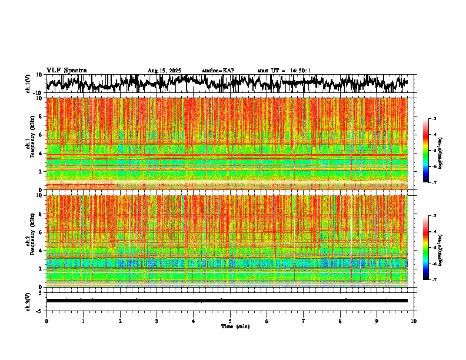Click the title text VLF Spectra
point(66,70)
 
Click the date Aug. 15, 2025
point(164,71)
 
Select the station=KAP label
point(218,71)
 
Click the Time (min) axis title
point(235,326)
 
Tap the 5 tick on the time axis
point(230,321)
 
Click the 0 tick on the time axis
point(46,321)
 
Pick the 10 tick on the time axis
point(414,321)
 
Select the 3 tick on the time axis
point(157,321)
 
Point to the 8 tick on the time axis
point(340,321)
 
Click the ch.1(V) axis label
point(28,84)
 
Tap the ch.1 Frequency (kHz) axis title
point(29,144)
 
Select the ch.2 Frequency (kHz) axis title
point(29,241)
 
